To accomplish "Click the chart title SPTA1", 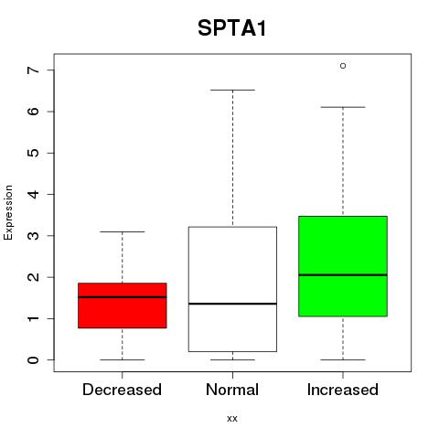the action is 232,28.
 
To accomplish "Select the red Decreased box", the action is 123,305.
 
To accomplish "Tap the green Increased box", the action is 343,266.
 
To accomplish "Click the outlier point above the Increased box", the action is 343,66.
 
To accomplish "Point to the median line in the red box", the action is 123,297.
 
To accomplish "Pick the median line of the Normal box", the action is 232,304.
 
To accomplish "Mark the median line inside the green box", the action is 343,275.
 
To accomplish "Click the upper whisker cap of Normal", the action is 232,90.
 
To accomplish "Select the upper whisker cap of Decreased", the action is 123,231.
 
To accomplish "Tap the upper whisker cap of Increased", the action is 343,107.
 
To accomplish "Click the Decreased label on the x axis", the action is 122,390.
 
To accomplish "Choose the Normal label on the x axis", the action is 232,390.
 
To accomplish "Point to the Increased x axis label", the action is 343,390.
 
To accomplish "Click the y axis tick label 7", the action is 34,70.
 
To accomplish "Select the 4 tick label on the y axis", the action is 34,194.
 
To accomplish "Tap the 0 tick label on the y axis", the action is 34,360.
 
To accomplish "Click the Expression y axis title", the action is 8,212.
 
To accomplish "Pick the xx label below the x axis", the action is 232,419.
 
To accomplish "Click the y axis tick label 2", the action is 34,277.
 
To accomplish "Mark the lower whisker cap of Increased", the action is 343,359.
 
